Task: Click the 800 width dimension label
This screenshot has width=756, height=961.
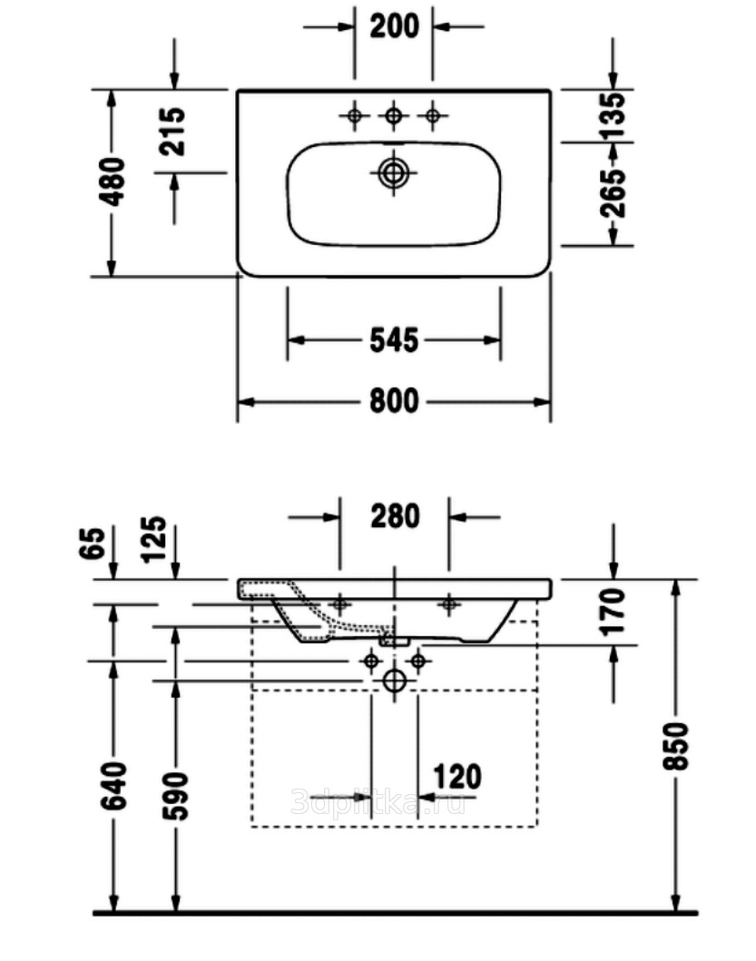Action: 394,400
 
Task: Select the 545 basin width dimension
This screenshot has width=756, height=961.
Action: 394,340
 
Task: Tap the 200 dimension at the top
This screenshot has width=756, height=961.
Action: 394,26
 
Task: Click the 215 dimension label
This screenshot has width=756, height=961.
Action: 172,132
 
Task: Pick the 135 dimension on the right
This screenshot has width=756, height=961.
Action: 614,113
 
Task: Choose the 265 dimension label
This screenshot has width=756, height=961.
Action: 614,191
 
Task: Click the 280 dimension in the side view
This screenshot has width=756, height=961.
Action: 395,516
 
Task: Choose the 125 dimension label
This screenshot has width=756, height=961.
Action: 156,539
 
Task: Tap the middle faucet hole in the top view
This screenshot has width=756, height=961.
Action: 393,115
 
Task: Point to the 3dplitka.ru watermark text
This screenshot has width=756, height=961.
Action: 379,802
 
